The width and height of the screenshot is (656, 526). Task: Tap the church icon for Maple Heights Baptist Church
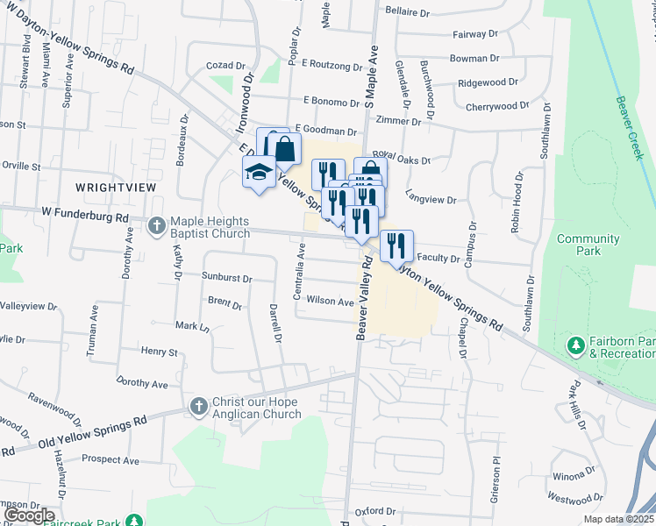156,227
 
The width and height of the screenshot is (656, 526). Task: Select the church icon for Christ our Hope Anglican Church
197,407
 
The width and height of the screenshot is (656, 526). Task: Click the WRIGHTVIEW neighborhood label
109,187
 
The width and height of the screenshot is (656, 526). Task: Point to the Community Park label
588,245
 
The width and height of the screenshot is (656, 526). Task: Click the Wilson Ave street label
330,301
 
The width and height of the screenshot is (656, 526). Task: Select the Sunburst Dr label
227,278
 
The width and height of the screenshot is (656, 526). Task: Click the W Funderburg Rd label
86,217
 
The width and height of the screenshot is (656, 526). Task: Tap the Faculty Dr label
439,259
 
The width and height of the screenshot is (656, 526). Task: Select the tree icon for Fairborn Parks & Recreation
576,346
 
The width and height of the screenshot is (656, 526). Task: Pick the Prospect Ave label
110,459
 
